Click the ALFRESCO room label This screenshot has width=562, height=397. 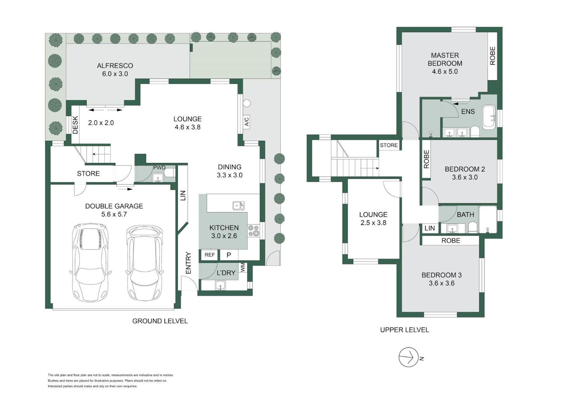115,66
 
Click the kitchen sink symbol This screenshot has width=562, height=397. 239,206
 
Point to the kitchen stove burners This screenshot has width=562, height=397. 253,231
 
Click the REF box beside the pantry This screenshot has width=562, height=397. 210,255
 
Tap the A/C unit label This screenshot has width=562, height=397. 247,121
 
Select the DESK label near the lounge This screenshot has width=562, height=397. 75,125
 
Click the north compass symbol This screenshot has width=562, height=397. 409,357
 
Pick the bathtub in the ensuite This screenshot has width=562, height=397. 489,117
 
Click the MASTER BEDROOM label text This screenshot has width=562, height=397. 445,59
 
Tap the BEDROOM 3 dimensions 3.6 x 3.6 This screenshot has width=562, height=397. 442,283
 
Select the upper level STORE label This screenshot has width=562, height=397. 389,145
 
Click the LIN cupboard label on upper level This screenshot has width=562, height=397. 430,228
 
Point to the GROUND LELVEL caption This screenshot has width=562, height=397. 160,321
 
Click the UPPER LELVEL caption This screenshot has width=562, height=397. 405,330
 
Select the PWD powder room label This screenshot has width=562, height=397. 159,168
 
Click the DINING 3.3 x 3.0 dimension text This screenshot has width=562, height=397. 229,175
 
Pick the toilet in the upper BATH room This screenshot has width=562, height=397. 472,227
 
